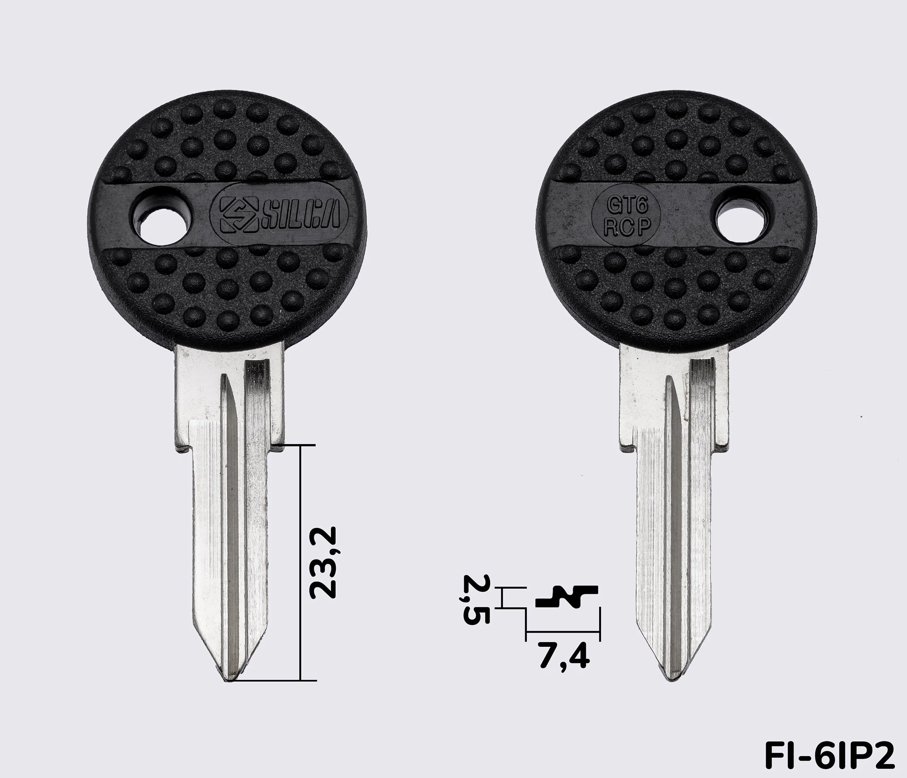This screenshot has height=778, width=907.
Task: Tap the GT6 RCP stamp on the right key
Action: point(627,216)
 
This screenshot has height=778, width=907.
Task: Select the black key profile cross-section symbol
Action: point(567,596)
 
